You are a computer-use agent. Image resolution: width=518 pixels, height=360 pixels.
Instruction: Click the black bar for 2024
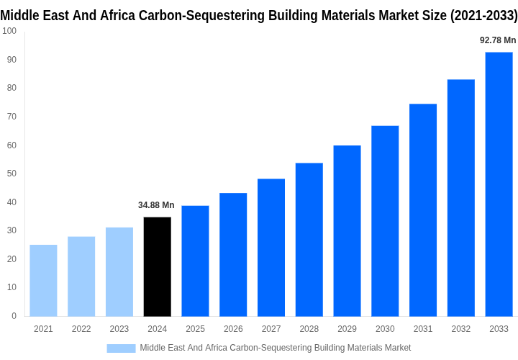coord(158,266)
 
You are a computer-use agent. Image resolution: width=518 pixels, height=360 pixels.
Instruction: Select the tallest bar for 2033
coord(499,184)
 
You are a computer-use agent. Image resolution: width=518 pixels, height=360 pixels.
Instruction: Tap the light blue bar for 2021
coord(43,281)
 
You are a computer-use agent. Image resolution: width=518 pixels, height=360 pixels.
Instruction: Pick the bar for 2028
coord(309,240)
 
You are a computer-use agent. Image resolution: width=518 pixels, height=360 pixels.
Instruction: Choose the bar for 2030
coord(385,221)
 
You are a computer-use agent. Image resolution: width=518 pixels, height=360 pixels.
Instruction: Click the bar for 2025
coord(195,261)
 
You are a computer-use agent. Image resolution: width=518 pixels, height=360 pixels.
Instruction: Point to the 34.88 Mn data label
coord(156,205)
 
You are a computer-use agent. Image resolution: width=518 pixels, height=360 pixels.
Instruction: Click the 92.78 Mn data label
coord(498,40)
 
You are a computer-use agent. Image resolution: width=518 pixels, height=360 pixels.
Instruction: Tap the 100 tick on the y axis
coord(9,31)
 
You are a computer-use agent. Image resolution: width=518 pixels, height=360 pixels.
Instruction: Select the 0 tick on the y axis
coord(14,316)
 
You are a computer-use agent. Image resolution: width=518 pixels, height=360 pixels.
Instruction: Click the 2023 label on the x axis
coord(119,329)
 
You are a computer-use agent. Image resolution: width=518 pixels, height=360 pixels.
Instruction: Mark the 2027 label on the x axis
coord(271,329)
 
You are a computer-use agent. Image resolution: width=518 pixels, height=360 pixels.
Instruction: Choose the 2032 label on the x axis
coord(461,329)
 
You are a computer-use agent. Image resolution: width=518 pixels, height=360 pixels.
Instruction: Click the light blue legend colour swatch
coord(121,348)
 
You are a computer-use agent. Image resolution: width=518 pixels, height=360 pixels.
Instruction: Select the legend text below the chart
coord(276,348)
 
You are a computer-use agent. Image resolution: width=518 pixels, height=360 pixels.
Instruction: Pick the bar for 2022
coord(81,276)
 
